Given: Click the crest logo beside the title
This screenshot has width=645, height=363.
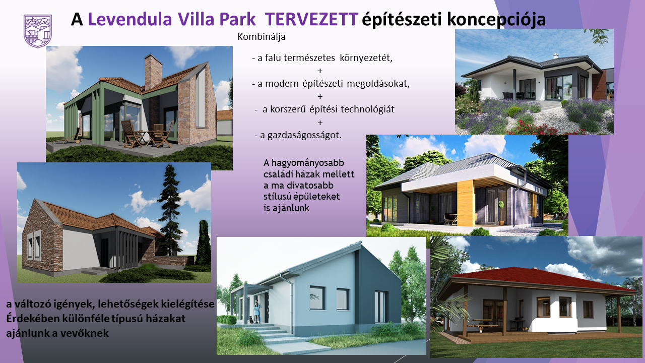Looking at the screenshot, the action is tap(38, 31).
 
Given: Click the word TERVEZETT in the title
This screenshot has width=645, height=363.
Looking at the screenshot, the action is tap(311, 19).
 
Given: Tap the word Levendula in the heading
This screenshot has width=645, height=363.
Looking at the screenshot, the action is tap(130, 19).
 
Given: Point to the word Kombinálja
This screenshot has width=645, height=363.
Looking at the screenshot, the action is tap(262, 37).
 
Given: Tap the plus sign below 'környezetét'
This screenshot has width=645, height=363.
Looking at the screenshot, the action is tap(320, 71).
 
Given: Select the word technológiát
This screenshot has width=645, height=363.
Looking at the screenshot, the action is tap(367, 109).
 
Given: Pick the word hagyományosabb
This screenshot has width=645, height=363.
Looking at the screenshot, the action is tap(307, 163).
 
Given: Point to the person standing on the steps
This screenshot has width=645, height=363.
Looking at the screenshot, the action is tap(256, 311).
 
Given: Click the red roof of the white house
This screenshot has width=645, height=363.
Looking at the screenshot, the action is tap(536, 279).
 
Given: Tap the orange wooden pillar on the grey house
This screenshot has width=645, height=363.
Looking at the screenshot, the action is tap(466, 203).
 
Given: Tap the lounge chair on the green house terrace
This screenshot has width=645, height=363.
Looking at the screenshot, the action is tap(67, 137).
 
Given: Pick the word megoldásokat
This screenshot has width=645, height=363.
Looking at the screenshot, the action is tap(378, 84).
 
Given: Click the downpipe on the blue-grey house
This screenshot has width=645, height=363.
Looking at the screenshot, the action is tap(292, 302).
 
